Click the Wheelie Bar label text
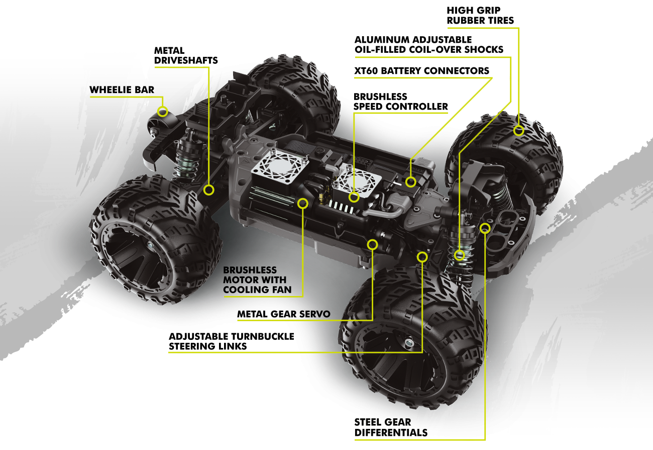pos(122,90)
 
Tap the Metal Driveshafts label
pos(185,55)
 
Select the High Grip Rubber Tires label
pos(480,15)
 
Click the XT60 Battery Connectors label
pos(421,70)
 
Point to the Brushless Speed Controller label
pos(400,101)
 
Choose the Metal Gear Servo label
pos(284,314)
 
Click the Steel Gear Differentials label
pos(391,427)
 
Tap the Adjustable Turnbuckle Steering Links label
pos(232,341)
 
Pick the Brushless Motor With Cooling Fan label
pos(255,280)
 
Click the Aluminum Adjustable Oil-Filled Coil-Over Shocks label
pos(428,44)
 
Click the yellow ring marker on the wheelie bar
pos(162,112)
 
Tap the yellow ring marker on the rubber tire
pos(518,131)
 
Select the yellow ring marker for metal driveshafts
pos(209,190)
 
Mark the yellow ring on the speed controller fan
pos(355,197)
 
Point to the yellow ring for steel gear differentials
pos(485,228)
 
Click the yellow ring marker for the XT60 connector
pos(411,182)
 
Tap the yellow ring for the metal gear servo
pos(372,244)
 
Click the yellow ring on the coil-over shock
pos(459,255)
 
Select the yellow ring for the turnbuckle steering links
pos(422,257)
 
